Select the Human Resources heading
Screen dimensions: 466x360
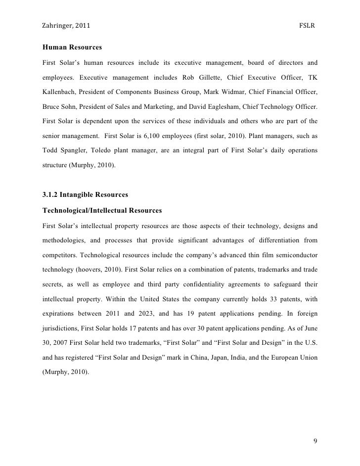click(x=72, y=48)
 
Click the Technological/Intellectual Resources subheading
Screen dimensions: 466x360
click(x=102, y=211)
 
